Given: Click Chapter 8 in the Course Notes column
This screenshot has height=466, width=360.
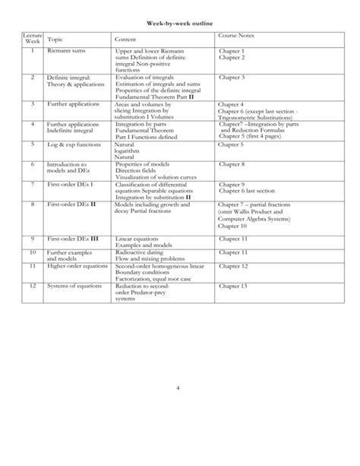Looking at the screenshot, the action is [232, 164].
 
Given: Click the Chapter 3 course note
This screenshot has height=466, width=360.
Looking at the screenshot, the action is [232, 78].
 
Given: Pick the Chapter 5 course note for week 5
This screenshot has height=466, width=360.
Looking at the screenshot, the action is [232, 144].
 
